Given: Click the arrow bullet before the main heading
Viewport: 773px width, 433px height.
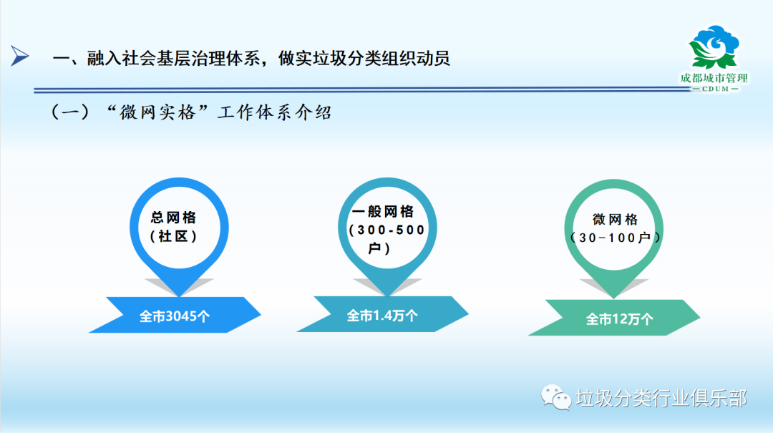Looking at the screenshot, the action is coord(20,56).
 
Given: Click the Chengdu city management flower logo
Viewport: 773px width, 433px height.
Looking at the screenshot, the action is coord(714,47).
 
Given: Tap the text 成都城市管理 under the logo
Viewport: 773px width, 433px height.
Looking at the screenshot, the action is coord(714,79).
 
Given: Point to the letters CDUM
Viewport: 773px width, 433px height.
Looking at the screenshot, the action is coord(715,89).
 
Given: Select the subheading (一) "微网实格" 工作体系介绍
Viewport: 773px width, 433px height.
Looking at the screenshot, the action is coord(191,112).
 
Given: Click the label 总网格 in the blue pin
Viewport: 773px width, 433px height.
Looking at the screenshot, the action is coord(173,218).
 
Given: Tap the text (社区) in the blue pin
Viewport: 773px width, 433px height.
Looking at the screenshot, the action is coord(173,237).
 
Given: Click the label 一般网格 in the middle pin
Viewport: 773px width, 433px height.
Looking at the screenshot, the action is coord(383,212).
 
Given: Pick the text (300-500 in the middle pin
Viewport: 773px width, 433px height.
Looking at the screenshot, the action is coord(386,230).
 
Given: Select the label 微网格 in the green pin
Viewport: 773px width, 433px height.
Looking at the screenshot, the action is coord(615,220).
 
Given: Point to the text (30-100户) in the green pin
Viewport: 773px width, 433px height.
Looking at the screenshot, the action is coord(615,238).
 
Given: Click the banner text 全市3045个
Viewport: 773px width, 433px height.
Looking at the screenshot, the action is coord(175,316).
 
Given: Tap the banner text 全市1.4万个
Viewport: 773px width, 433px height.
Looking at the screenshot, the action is coord(382,316).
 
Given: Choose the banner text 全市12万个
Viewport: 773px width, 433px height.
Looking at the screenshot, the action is coord(619,320).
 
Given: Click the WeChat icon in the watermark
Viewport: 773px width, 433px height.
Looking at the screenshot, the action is coord(556,397).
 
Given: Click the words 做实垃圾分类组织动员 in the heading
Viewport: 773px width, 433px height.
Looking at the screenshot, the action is coord(364,58).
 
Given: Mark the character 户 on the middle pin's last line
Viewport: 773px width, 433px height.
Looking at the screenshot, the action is coord(374,248).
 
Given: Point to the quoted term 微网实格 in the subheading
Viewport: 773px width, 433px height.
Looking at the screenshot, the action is coord(157,112).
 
